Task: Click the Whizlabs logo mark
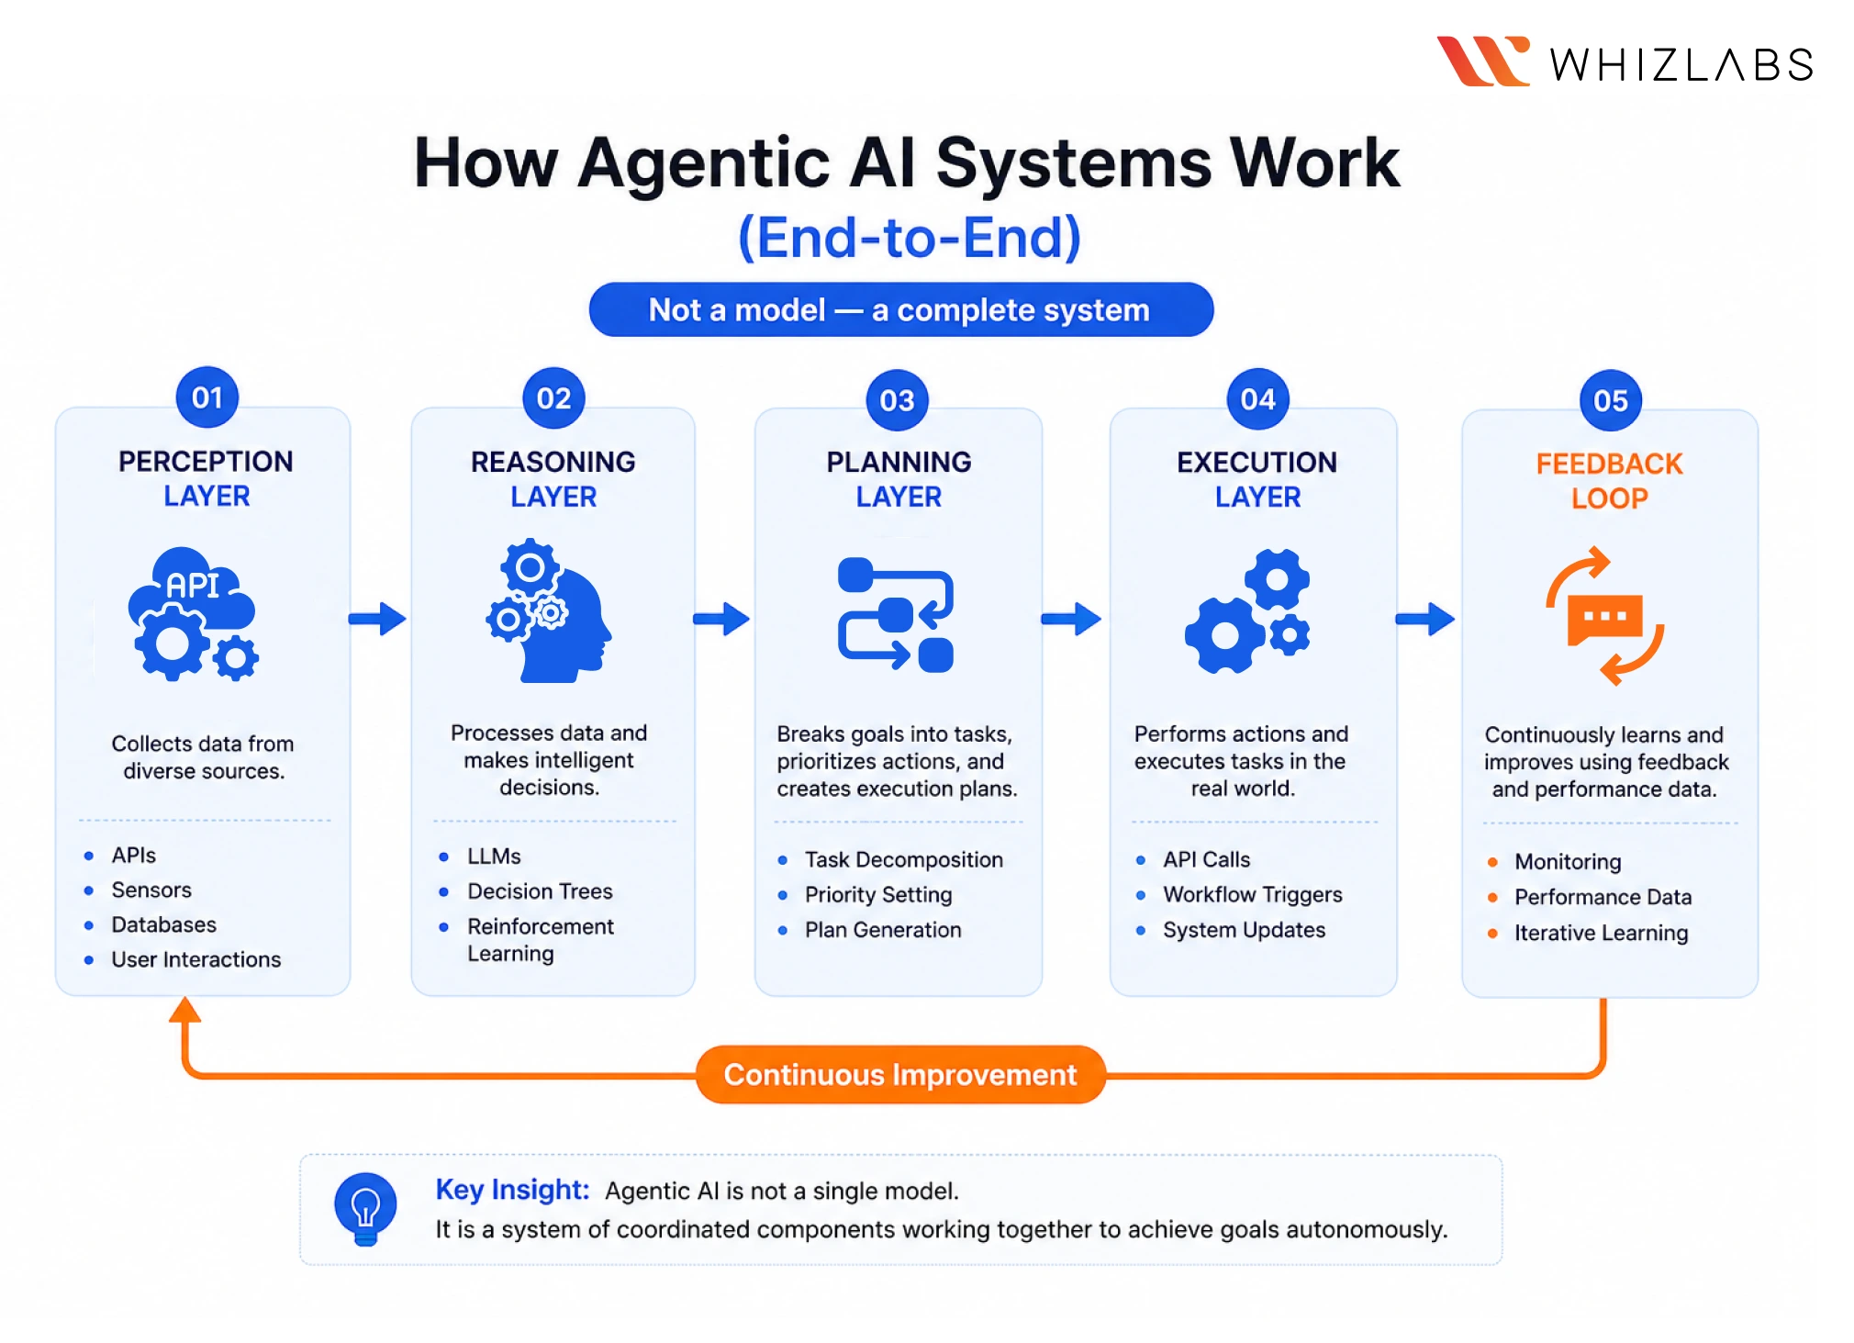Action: tap(1482, 62)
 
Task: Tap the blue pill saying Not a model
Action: tap(899, 310)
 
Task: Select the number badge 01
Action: tap(207, 397)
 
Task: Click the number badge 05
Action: tap(1610, 400)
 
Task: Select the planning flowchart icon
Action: tap(896, 615)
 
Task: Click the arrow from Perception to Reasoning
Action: tap(377, 619)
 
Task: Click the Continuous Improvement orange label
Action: tap(899, 1074)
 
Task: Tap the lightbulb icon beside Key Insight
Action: tap(365, 1207)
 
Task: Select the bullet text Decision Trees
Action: tap(540, 891)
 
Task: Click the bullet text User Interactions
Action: tap(195, 959)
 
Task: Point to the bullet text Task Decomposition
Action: tap(903, 860)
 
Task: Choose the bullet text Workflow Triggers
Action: tap(1252, 894)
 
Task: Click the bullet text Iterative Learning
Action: tap(1601, 933)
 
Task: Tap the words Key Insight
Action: tap(511, 1190)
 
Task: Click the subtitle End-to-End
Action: tap(909, 238)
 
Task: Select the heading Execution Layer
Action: tap(1256, 478)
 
